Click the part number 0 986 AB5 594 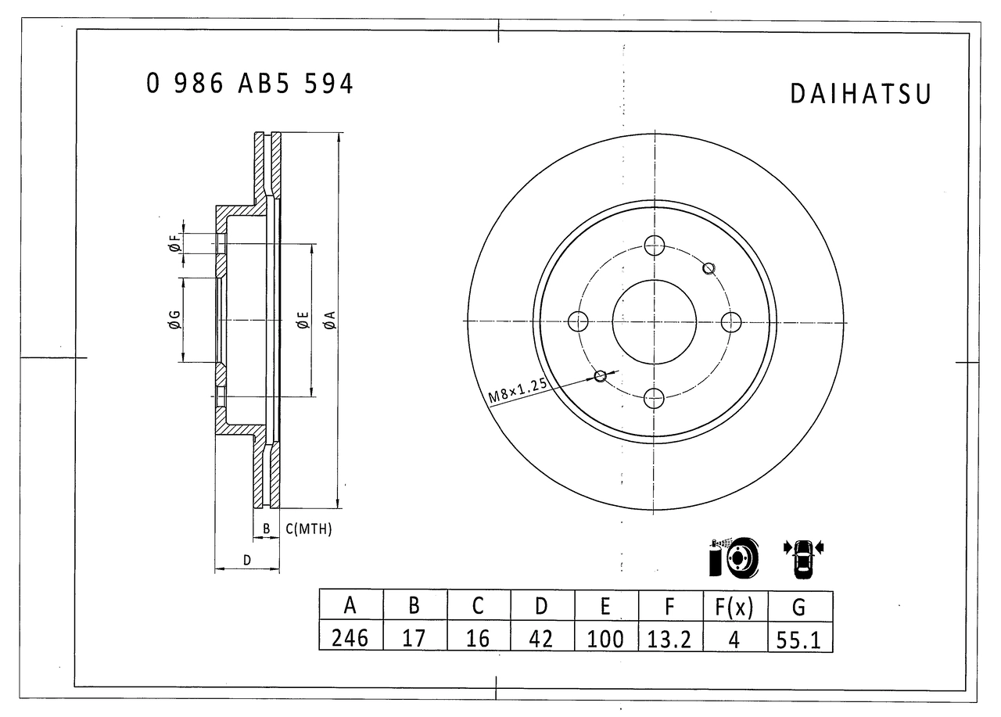click(249, 83)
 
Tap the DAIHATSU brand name click(860, 95)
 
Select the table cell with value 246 click(351, 637)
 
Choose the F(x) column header click(734, 607)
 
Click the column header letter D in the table click(541, 606)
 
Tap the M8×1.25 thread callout click(518, 390)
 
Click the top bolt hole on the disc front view click(655, 246)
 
